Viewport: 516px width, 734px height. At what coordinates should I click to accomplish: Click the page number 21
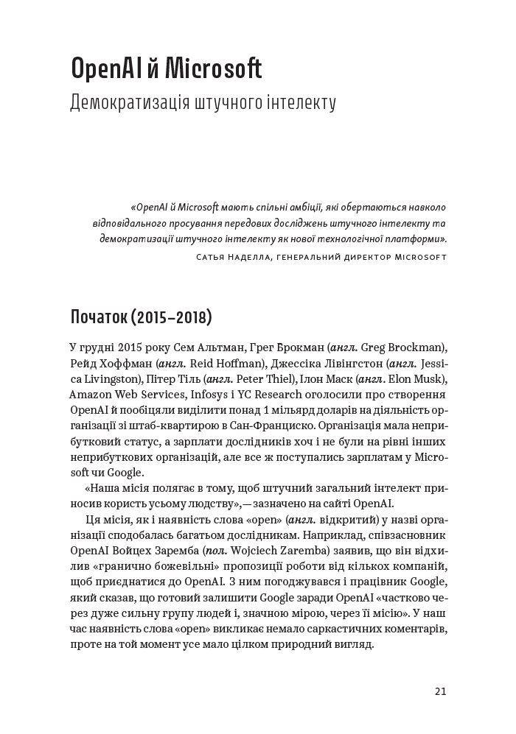440,691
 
